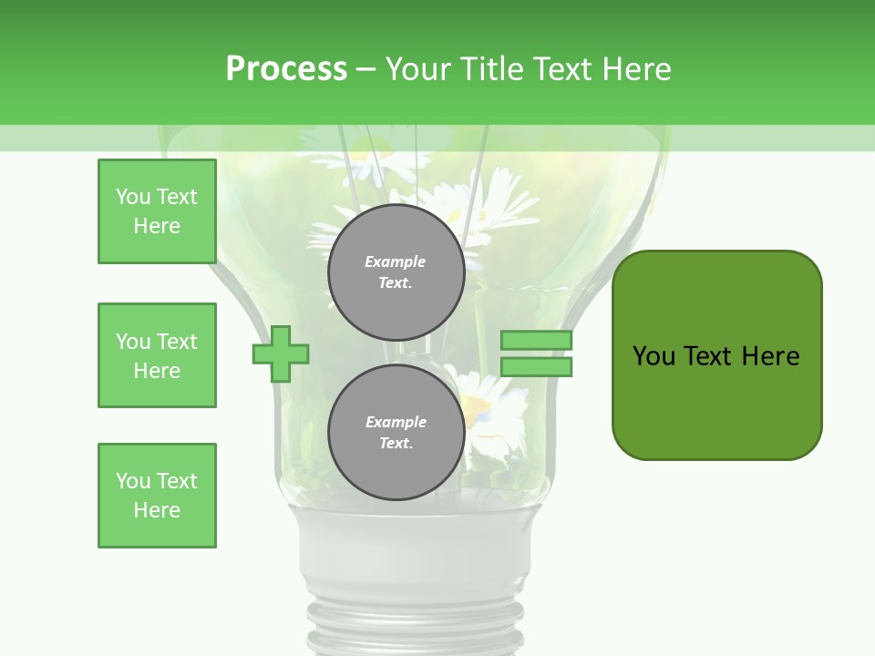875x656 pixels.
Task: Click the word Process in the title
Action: (x=286, y=69)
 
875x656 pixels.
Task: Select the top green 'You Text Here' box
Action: (x=157, y=211)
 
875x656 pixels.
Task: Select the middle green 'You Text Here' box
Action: (x=157, y=355)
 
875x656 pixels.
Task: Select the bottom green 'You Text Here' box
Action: (x=157, y=496)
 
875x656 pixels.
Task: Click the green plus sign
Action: (x=281, y=354)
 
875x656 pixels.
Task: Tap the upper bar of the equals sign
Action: (x=536, y=340)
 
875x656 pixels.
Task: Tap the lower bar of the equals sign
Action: (x=536, y=367)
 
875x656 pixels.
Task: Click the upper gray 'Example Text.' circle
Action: (x=396, y=272)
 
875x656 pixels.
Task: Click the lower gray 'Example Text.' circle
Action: (x=396, y=432)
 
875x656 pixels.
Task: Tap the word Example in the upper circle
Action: (x=396, y=261)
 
